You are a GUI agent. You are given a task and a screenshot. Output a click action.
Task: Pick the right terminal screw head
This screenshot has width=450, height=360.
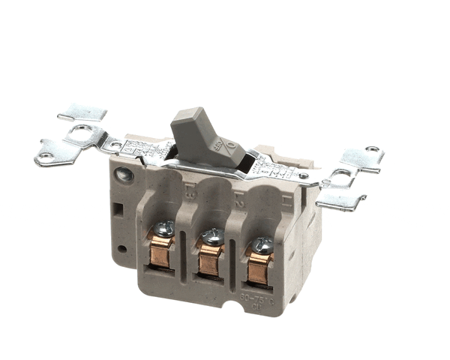pyautogui.click(x=263, y=244)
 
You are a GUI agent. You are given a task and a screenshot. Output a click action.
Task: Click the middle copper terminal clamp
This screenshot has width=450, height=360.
pyautogui.click(x=210, y=258)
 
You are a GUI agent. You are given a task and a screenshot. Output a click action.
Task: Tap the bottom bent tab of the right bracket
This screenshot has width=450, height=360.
pyautogui.click(x=341, y=201)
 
